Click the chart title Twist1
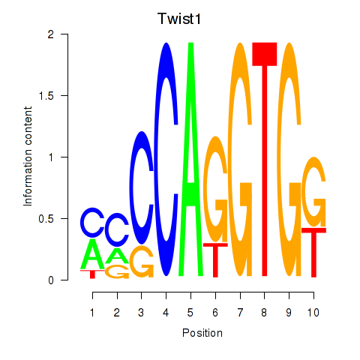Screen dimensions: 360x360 pyautogui.click(x=179, y=19)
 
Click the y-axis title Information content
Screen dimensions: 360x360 pyautogui.click(x=28, y=157)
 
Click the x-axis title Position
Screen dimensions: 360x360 pyautogui.click(x=202, y=333)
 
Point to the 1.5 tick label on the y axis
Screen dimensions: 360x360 pyautogui.click(x=46, y=95)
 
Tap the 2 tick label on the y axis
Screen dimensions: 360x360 pyautogui.click(x=51, y=34)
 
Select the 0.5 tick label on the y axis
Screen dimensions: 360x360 pyautogui.click(x=46, y=219)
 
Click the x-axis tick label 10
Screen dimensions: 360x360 pyautogui.click(x=313, y=313)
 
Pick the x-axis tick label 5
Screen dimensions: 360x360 pyautogui.click(x=190, y=313)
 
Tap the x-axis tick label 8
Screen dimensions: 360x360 pyautogui.click(x=264, y=313)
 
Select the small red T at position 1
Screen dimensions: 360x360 pyautogui.click(x=92, y=274)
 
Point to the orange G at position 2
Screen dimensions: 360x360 pyautogui.click(x=117, y=272)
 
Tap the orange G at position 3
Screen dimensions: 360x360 pyautogui.click(x=142, y=262)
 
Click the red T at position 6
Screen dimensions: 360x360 pyautogui.click(x=215, y=260)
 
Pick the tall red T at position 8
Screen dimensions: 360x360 pyautogui.click(x=265, y=159)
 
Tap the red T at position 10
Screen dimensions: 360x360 pyautogui.click(x=313, y=253)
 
